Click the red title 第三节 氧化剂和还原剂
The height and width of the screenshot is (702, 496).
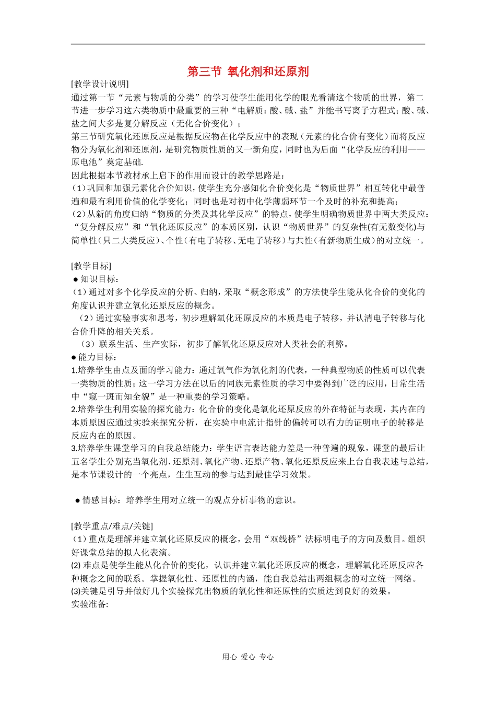[248, 72]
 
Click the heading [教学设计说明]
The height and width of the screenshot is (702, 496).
[100, 84]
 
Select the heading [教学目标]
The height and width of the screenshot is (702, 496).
[91, 266]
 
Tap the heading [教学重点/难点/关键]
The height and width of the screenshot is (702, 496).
[112, 526]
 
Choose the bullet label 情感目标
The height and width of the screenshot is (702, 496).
[101, 500]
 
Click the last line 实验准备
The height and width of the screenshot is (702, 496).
[89, 604]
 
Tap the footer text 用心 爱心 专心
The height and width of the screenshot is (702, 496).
[248, 657]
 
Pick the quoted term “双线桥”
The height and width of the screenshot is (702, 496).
[287, 539]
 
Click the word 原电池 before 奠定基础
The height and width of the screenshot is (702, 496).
[84, 162]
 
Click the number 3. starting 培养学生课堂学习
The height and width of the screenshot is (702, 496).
[74, 448]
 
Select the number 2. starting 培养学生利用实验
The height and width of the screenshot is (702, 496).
[74, 409]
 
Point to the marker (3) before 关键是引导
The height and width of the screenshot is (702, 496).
[76, 591]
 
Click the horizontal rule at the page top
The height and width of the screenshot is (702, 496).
[248, 44]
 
